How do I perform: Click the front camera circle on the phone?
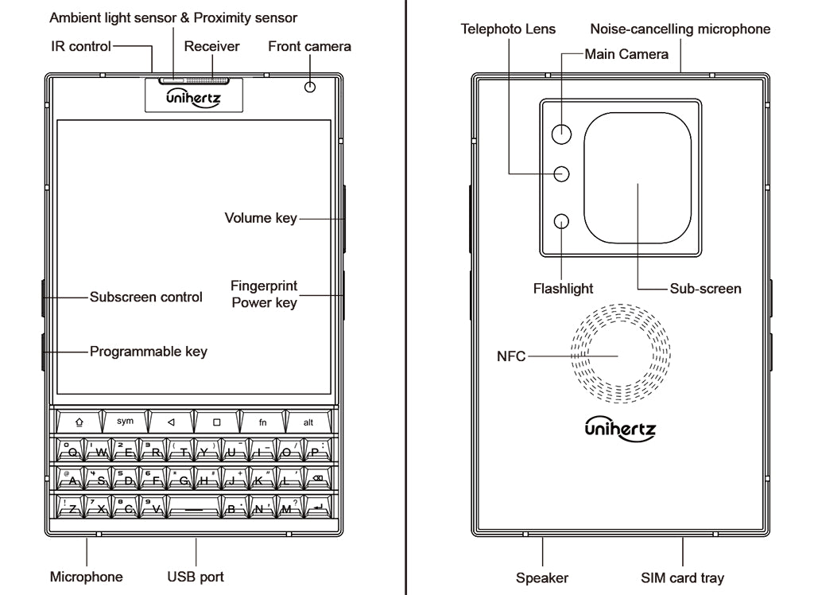click(310, 86)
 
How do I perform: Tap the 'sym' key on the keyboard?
click(126, 422)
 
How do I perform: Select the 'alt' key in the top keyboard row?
click(308, 422)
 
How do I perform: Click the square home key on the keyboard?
click(216, 422)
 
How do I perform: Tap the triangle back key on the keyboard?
click(171, 422)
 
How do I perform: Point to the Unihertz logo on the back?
click(620, 427)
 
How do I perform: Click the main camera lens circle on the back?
click(563, 134)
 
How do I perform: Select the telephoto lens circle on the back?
click(563, 174)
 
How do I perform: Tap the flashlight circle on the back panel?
click(563, 222)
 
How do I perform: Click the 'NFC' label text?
click(511, 356)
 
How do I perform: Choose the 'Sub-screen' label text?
click(705, 289)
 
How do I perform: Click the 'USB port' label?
click(196, 577)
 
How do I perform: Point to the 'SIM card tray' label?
click(682, 578)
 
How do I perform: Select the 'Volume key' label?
click(260, 218)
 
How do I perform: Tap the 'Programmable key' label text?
click(148, 351)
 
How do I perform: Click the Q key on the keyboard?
click(72, 452)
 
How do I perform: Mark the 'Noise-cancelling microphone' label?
click(680, 29)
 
